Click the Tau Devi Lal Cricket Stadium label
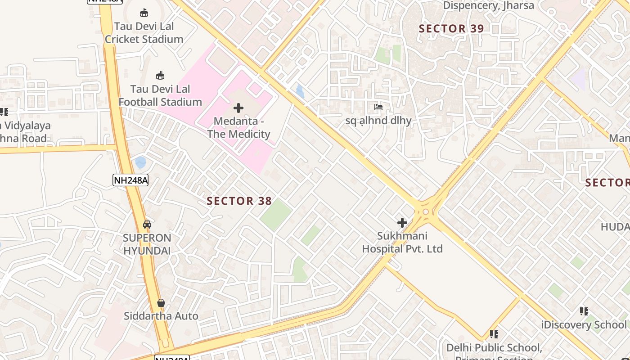click(144, 33)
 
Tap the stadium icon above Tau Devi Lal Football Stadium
click(160, 75)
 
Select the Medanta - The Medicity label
click(238, 127)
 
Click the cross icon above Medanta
click(238, 108)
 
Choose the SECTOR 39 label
click(451, 29)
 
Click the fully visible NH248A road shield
click(130, 180)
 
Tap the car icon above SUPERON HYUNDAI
click(147, 224)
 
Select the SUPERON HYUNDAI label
click(147, 244)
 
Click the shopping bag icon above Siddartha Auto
click(161, 303)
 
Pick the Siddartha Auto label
click(161, 316)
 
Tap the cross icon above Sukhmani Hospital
click(402, 223)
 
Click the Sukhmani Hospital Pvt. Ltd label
click(402, 242)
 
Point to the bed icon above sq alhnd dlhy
click(378, 107)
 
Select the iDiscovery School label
click(584, 325)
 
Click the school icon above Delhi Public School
click(494, 334)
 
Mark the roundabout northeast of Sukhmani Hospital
click(425, 211)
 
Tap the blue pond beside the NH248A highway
click(140, 162)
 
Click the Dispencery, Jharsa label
click(488, 5)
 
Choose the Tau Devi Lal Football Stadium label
click(160, 95)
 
